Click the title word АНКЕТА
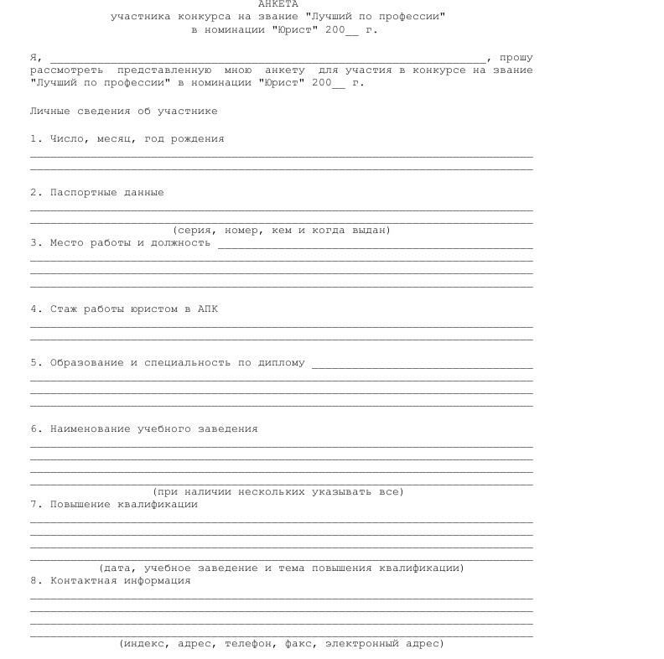tap(278, 4)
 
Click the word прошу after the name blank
tap(516, 58)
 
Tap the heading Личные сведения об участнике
tap(124, 111)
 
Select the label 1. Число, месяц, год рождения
tap(127, 138)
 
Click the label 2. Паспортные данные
tap(97, 192)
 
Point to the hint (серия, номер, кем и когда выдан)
tap(281, 230)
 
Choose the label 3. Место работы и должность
tap(121, 242)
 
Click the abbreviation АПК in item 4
tap(208, 309)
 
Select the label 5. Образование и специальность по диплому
tap(168, 363)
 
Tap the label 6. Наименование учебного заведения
tap(144, 428)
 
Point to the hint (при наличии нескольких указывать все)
tap(278, 491)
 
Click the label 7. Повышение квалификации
tap(114, 504)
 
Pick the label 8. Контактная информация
tap(111, 580)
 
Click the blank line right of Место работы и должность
tap(375, 246)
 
